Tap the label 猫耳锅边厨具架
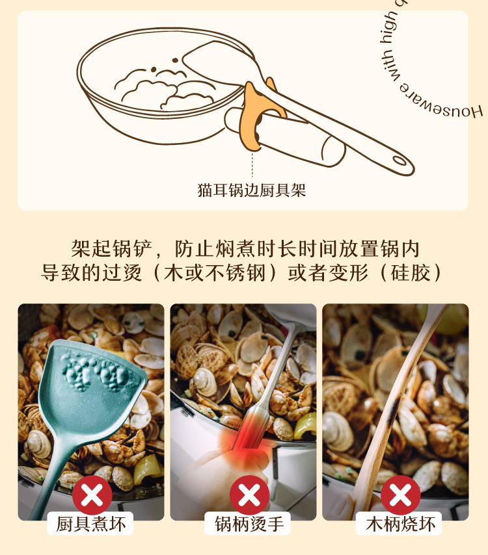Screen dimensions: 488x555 251,190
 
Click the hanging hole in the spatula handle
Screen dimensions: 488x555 400,161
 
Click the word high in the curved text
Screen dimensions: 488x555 388,27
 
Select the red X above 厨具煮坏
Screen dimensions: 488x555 92,495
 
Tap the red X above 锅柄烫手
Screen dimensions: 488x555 249,495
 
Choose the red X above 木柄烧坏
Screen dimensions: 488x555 401,495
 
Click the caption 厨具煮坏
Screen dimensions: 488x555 90,524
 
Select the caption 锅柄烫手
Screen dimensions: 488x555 249,524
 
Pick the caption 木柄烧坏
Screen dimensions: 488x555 400,524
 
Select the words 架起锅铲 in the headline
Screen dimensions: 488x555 112,248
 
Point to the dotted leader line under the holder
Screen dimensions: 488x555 252,164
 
